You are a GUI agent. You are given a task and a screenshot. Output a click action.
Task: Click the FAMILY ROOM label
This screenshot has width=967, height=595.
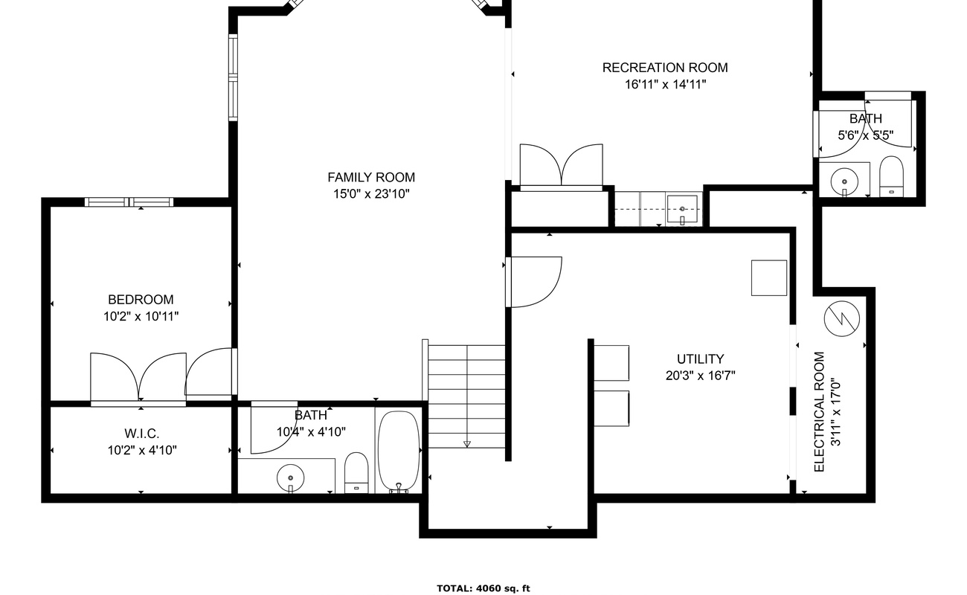pos(371,178)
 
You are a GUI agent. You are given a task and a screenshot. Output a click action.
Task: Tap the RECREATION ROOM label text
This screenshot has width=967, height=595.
pos(665,68)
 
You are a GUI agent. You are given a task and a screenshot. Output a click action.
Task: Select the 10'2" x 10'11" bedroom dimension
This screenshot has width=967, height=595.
pos(141,317)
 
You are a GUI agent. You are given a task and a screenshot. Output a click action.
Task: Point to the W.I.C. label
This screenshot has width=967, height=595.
pos(142,433)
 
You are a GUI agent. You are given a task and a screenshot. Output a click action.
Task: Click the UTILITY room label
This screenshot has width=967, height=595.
pos(700,358)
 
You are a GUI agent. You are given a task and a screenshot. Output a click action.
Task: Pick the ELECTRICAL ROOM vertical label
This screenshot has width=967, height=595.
pos(819,412)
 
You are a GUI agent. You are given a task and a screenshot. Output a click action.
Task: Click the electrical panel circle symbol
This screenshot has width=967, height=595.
pos(841,318)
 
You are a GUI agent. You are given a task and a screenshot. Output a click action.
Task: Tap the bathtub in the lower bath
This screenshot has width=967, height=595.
pos(399,451)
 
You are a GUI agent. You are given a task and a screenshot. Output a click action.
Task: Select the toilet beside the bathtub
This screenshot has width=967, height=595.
pos(356,473)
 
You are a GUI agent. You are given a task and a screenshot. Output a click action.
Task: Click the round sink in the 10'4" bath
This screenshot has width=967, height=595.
pos(290,478)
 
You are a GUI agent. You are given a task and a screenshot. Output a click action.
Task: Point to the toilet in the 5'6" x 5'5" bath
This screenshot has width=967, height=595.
pos(891,176)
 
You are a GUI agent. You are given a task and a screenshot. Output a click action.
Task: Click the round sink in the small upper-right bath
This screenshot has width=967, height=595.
pos(844,181)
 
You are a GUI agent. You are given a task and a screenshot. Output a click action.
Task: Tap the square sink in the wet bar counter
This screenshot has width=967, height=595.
pos(682,210)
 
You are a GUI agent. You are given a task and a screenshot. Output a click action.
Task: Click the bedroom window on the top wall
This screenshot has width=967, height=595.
pos(129,202)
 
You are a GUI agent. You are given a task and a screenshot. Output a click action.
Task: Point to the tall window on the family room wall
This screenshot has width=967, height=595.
pos(233,77)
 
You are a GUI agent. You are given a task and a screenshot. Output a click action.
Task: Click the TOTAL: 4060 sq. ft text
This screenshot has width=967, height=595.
pos(483,588)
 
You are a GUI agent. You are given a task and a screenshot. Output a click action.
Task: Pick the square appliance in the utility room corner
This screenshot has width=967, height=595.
pos(769,277)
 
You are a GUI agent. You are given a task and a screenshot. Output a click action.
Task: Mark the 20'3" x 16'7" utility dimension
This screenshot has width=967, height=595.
pos(700,376)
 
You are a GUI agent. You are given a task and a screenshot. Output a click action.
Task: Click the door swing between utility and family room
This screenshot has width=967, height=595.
pos(536,282)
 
